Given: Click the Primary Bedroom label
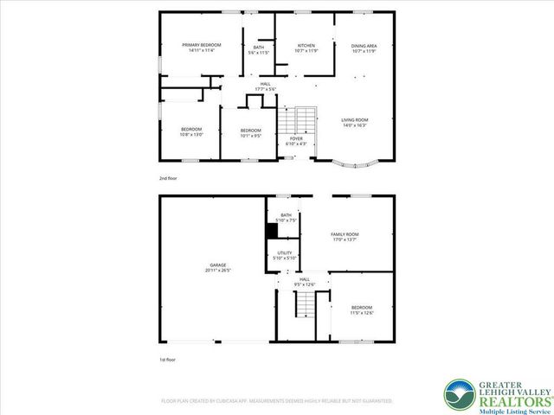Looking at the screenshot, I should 201,45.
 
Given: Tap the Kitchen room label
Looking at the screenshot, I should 306,45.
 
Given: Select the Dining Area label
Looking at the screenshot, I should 364,45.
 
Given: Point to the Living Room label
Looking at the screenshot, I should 355,120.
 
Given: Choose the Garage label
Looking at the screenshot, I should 217,265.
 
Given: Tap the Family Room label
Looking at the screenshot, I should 345,234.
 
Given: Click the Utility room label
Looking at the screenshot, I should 285,252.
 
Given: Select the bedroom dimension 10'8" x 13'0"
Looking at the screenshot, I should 190,134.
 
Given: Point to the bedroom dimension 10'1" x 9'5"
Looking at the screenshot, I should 251,135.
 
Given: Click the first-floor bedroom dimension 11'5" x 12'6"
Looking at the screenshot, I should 362,313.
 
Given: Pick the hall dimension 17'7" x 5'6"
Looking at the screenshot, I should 265,88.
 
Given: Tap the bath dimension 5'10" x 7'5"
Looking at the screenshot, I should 285,220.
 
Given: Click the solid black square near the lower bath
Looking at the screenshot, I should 271,232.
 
